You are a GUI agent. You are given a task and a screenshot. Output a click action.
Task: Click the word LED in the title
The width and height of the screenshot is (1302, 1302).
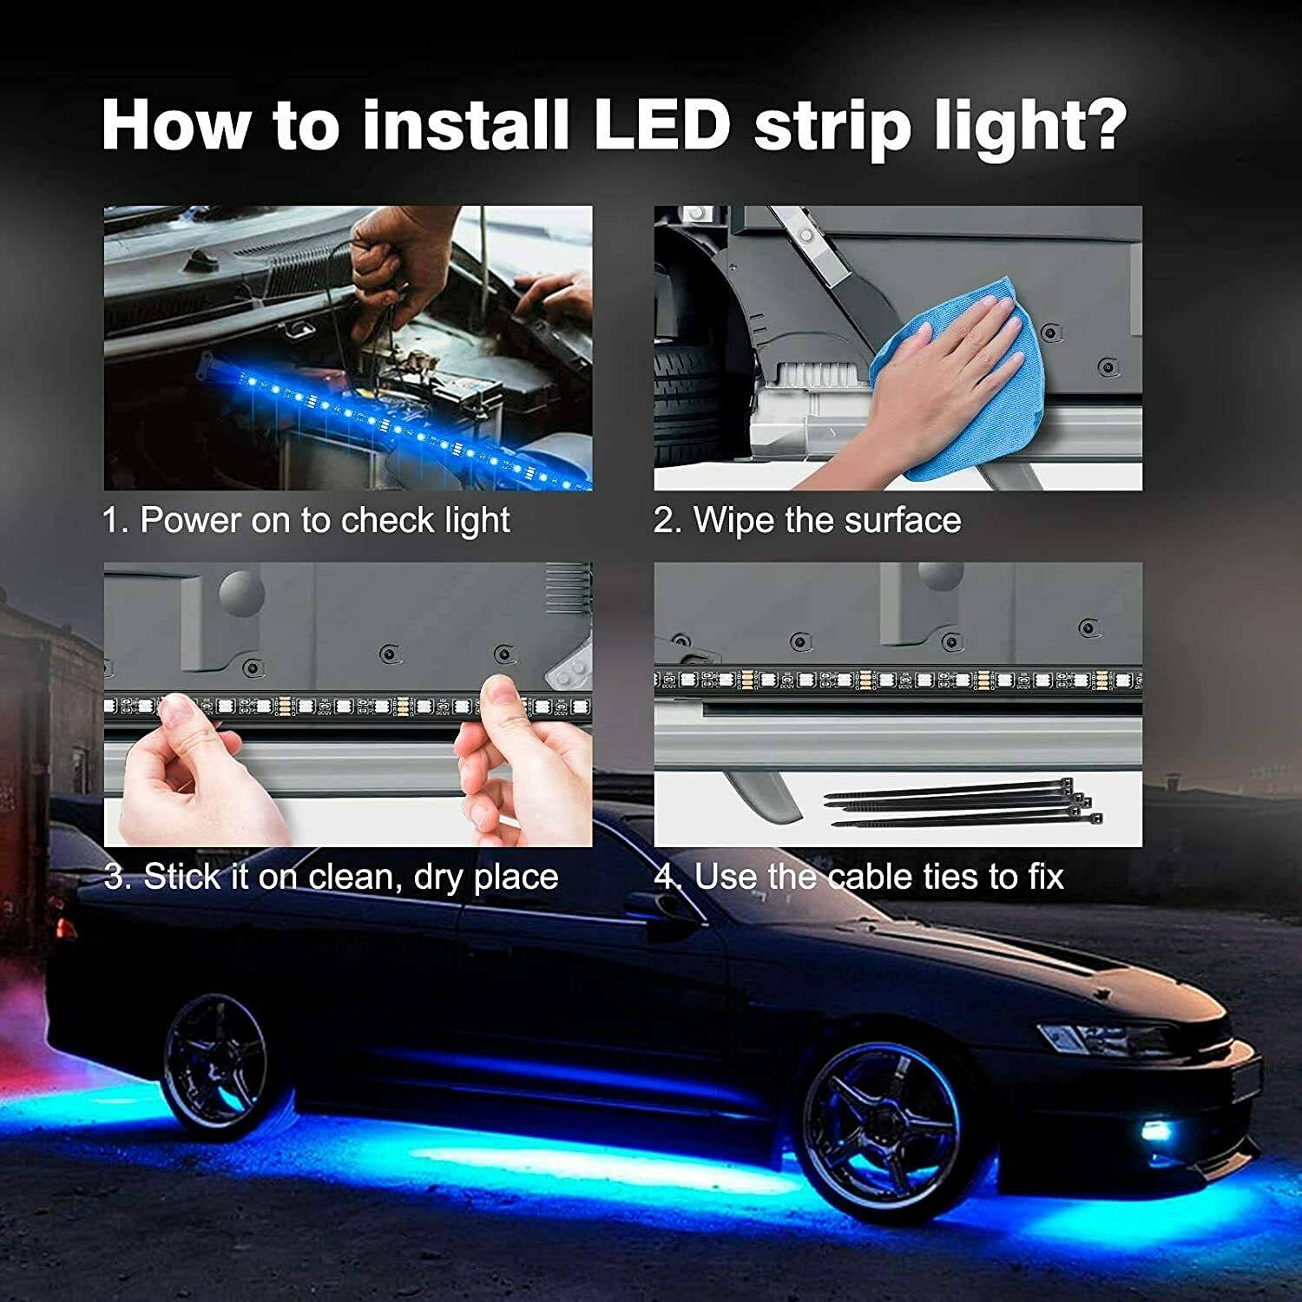[661, 126]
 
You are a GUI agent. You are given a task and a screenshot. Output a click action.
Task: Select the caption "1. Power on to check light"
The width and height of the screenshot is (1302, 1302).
[306, 521]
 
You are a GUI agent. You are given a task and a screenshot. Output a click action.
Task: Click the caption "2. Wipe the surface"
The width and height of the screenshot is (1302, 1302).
[807, 521]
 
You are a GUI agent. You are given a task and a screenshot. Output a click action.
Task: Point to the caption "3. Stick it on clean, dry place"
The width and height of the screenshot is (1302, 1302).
[331, 877]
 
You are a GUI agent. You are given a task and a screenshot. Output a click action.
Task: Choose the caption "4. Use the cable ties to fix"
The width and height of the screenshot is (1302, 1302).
[858, 877]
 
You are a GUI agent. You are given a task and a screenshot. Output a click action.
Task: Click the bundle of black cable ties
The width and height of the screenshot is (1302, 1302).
[963, 803]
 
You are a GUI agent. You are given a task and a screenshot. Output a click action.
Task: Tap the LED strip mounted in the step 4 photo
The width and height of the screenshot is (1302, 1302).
[898, 680]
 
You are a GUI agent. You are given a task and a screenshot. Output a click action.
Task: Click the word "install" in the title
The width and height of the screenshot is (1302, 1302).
[464, 126]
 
